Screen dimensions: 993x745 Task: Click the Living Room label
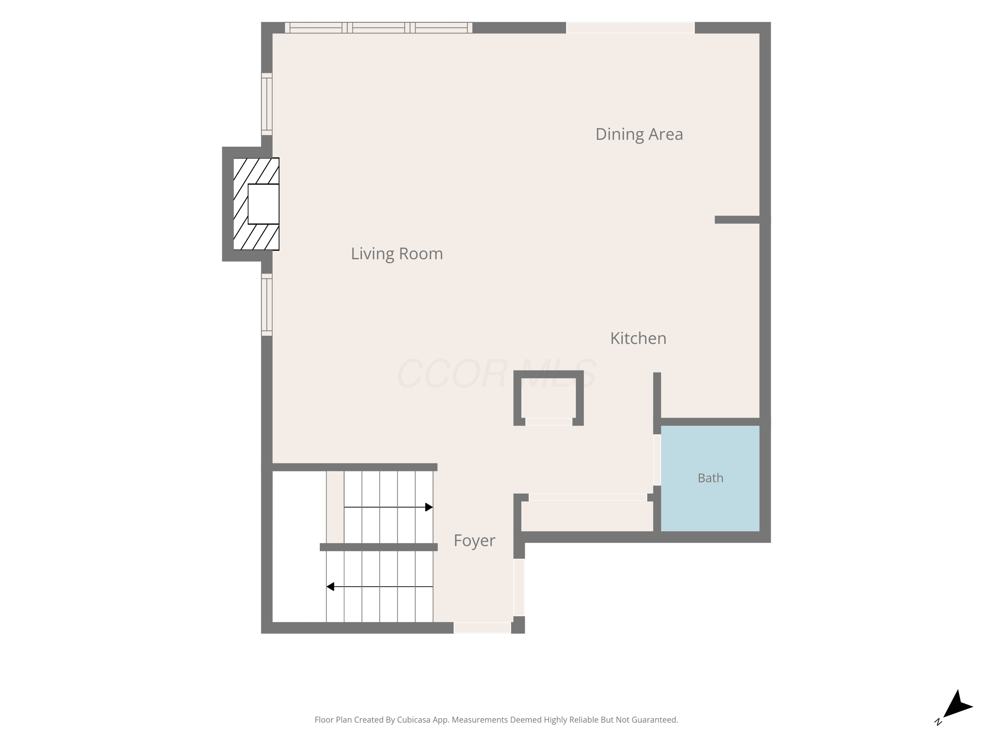(x=397, y=254)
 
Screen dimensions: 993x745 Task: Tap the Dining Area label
(x=639, y=134)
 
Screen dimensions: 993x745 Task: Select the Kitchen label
(x=638, y=338)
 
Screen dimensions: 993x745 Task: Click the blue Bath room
(x=710, y=478)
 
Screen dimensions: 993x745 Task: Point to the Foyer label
(x=475, y=541)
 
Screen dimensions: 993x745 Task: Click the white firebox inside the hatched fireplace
(x=263, y=204)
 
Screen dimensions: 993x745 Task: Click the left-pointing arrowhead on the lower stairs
(x=330, y=586)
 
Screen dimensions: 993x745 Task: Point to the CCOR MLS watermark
(x=496, y=373)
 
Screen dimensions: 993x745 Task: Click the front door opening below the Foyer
(x=482, y=628)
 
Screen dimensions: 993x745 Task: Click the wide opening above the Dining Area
(x=630, y=28)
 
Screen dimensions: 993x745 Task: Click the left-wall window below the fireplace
(x=267, y=305)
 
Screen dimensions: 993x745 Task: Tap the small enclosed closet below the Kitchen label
(x=548, y=398)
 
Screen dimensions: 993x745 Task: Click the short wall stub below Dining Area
(x=737, y=220)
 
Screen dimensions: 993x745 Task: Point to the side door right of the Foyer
(x=519, y=587)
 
